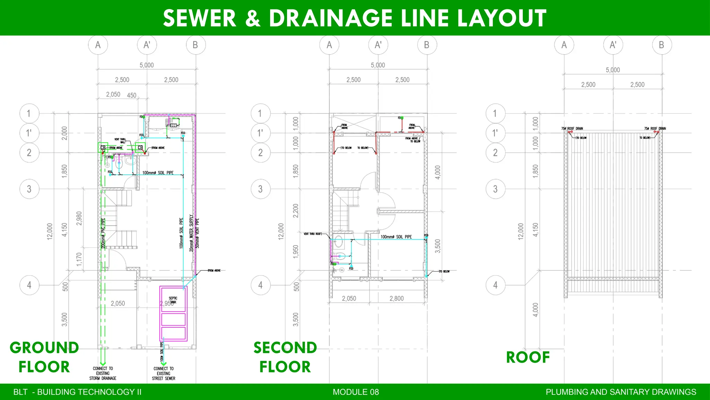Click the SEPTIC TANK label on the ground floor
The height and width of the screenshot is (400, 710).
point(173,300)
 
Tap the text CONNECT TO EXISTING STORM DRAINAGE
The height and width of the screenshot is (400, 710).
point(103,373)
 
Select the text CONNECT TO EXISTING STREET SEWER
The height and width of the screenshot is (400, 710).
point(163,374)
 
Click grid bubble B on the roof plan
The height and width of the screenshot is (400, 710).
point(661,45)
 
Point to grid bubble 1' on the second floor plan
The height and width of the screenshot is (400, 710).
point(260,133)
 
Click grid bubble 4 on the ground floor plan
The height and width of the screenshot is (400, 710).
point(29,285)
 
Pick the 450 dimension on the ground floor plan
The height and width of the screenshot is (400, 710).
point(132,95)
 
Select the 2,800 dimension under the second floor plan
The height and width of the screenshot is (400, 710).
point(396,299)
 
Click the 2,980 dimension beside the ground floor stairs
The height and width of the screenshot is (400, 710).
point(79,218)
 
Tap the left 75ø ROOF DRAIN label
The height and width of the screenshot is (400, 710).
point(572,128)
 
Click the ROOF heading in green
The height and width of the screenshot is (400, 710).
point(528,357)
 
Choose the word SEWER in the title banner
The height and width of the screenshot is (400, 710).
point(200,18)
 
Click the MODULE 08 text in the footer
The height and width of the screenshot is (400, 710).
point(356,392)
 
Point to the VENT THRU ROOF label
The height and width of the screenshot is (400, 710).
point(312,234)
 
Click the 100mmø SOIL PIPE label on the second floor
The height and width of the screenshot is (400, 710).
point(396,237)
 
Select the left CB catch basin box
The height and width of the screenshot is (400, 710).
point(103,148)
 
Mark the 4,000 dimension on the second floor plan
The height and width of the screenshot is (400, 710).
point(438,173)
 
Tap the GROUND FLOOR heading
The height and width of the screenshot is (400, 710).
point(44,357)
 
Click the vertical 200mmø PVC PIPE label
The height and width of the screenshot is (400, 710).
point(103,233)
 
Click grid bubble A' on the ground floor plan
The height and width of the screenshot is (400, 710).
point(147,45)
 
